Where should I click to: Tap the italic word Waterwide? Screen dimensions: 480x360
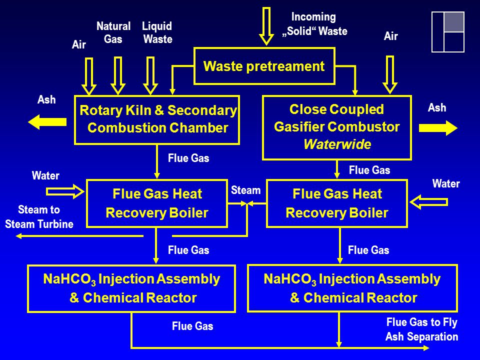click(337, 144)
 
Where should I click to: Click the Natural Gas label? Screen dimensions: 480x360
click(113, 32)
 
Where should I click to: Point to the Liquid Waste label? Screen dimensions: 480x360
click(157, 32)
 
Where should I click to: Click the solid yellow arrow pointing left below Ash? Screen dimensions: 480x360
click(47, 122)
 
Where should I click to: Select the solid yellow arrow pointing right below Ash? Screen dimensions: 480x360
click(438, 128)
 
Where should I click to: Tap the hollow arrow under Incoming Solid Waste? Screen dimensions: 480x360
click(266, 26)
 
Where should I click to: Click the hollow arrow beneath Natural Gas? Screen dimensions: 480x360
click(118, 75)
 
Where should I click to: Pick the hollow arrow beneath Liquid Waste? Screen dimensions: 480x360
click(150, 75)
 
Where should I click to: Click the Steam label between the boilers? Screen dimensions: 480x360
click(245, 190)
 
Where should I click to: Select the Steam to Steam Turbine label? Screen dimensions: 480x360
click(39, 216)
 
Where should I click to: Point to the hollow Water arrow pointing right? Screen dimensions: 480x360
click(65, 191)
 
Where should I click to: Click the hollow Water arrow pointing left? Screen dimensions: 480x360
click(428, 202)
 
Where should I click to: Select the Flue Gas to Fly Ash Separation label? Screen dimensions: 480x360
click(421, 329)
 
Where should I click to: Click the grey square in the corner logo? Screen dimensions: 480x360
click(454, 22)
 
